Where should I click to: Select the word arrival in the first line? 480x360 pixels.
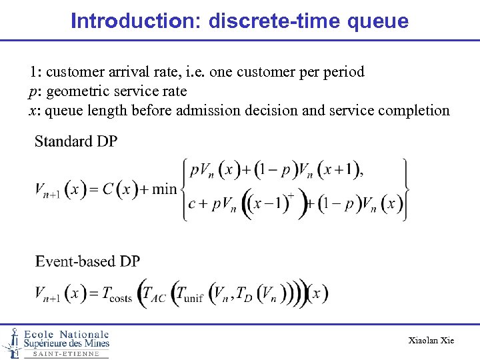(129, 72)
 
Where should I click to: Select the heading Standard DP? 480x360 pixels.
(75, 141)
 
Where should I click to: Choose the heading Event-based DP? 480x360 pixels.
(87, 261)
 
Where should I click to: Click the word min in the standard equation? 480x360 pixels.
(165, 189)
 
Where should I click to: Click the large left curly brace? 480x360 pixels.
(183, 189)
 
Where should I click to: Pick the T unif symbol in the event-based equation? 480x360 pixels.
(187, 294)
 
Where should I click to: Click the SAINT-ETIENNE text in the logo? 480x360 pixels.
(66, 354)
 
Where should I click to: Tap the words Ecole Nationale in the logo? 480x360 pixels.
(67, 334)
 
